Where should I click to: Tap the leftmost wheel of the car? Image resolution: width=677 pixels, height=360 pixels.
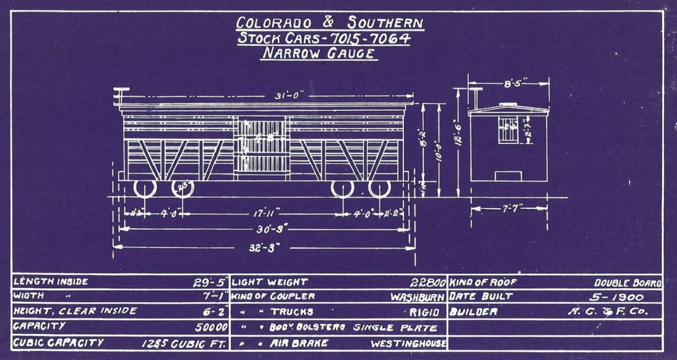point(144,188)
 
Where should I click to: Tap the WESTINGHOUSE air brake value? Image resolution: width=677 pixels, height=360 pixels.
point(408,343)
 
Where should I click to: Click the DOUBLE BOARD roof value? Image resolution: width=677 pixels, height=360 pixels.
point(628,283)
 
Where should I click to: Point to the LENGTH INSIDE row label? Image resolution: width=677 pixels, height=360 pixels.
point(50,282)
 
